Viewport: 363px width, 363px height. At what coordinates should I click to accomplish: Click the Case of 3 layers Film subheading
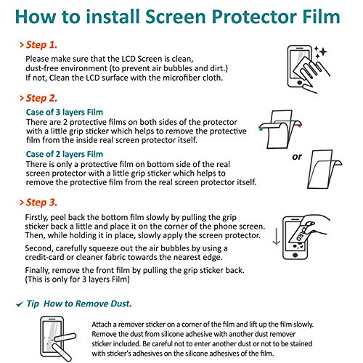point(65,112)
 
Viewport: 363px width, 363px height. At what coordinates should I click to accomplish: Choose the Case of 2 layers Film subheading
point(65,154)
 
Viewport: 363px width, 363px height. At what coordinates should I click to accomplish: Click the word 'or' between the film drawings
point(297,157)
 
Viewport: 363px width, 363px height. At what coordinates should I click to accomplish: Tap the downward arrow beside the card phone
point(276,235)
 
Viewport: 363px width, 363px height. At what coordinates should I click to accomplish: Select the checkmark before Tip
point(20,304)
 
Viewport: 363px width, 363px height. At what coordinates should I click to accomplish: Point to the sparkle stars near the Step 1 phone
point(321,52)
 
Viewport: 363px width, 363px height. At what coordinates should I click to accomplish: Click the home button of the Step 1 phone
point(300,83)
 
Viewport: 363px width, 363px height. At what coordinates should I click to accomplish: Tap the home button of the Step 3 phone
point(295,255)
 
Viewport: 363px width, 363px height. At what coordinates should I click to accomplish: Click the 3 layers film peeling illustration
point(280,129)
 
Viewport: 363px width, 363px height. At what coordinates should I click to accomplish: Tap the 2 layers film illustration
point(325,169)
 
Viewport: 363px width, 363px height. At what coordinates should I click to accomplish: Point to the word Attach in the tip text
point(102,325)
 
